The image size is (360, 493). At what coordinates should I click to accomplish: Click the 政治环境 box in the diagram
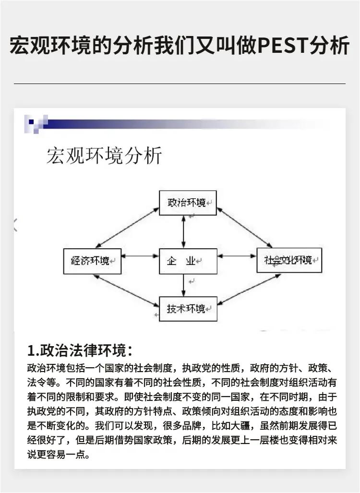(187, 203)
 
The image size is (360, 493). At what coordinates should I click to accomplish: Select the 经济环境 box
(93, 261)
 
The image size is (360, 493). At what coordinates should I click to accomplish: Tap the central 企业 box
(188, 261)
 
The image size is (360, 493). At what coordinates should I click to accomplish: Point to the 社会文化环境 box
(289, 260)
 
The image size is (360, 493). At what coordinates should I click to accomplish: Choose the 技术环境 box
(188, 309)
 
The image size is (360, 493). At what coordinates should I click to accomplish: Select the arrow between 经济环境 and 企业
(140, 256)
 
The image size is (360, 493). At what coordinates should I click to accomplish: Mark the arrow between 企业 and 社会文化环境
(237, 256)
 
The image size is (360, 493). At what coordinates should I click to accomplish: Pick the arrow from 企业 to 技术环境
(183, 285)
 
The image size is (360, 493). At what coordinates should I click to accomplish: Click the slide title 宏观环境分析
(104, 156)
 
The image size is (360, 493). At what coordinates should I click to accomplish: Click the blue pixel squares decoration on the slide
(36, 124)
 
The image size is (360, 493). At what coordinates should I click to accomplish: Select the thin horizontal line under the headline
(180, 84)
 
